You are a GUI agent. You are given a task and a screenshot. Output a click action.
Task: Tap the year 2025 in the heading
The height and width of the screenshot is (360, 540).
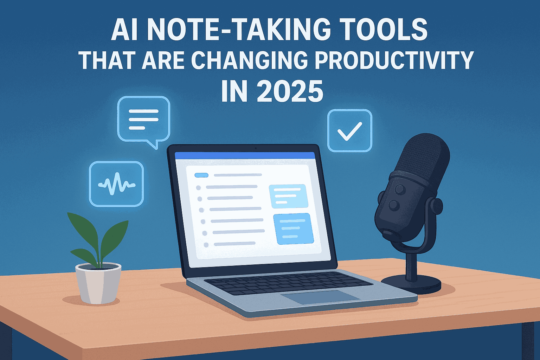pos(290,91)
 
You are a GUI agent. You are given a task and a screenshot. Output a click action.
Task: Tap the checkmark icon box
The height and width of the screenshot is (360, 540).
pos(349,130)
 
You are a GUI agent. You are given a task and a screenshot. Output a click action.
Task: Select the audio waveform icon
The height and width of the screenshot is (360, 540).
pos(116,184)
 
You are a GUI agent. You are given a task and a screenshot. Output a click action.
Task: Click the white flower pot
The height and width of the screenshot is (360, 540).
pos(98,283)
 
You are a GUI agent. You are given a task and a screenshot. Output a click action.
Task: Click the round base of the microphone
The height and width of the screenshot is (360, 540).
pos(411,284)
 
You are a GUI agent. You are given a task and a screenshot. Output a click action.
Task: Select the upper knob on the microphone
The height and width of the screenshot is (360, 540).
pos(400,189)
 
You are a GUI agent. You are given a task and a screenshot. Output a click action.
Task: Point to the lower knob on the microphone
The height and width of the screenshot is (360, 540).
pos(394,205)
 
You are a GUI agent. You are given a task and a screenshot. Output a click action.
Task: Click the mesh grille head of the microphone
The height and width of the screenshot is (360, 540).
pos(423,157)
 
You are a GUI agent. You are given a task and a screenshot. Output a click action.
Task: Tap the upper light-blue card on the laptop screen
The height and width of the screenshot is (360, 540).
pos(289,196)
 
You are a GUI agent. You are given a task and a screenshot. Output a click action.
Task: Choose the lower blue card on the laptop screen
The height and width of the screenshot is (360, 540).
pos(294,229)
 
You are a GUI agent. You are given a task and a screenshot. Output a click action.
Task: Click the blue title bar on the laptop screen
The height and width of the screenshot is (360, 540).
pos(245,155)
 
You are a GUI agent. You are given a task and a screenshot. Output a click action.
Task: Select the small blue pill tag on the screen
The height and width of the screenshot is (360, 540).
pos(201,175)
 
